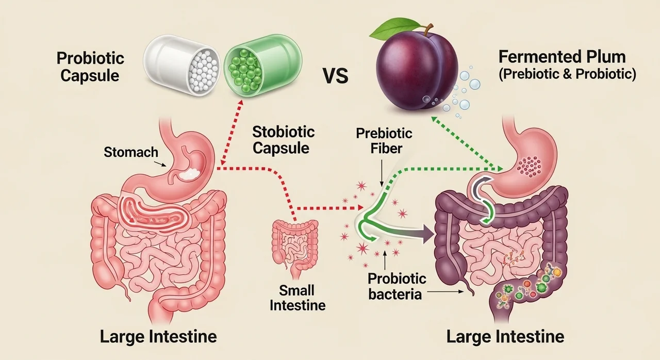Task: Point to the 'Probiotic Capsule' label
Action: click(90, 67)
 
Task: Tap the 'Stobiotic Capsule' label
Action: click(283, 139)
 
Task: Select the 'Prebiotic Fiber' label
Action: click(384, 141)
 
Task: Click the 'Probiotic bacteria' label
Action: click(397, 287)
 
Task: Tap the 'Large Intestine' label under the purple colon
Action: click(505, 337)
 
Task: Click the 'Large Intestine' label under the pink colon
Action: click(158, 337)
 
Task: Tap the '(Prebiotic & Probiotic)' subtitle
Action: click(567, 74)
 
